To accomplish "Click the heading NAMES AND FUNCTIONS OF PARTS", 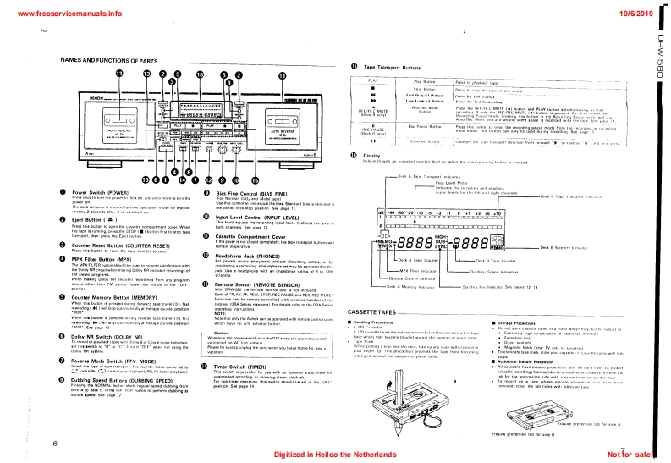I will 109,61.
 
